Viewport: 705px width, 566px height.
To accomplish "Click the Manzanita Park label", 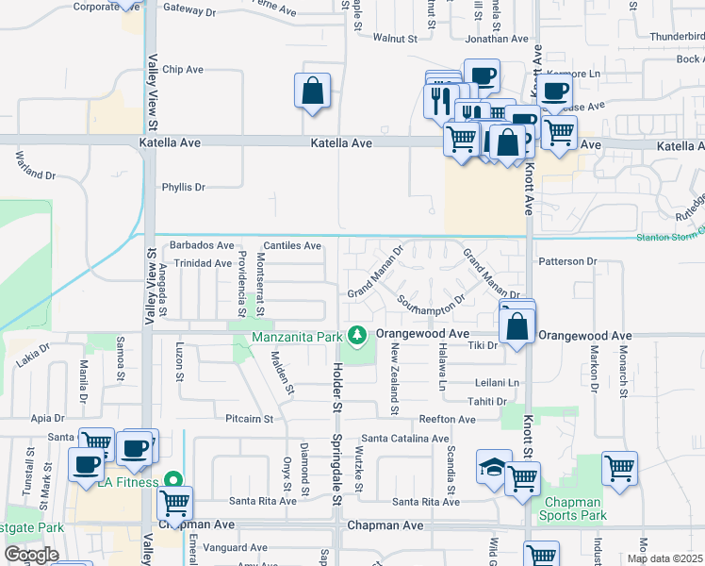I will pyautogui.click(x=297, y=336).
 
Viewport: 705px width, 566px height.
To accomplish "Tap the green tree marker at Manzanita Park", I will pyautogui.click(x=356, y=335).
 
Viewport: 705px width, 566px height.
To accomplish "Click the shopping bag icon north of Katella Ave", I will pyautogui.click(x=313, y=92).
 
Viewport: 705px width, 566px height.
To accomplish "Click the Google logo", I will pyautogui.click(x=30, y=555).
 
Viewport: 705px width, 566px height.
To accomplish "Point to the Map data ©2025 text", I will pyautogui.click(x=665, y=558).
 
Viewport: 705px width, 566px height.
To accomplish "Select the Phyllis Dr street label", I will pyautogui.click(x=183, y=187).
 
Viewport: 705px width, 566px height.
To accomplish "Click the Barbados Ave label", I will pyautogui.click(x=201, y=245).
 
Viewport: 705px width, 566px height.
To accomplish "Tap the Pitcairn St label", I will pyautogui.click(x=249, y=418).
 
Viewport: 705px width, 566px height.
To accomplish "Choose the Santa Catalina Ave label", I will pyautogui.click(x=405, y=439).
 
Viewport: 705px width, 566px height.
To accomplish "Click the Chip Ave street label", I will pyautogui.click(x=183, y=70).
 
